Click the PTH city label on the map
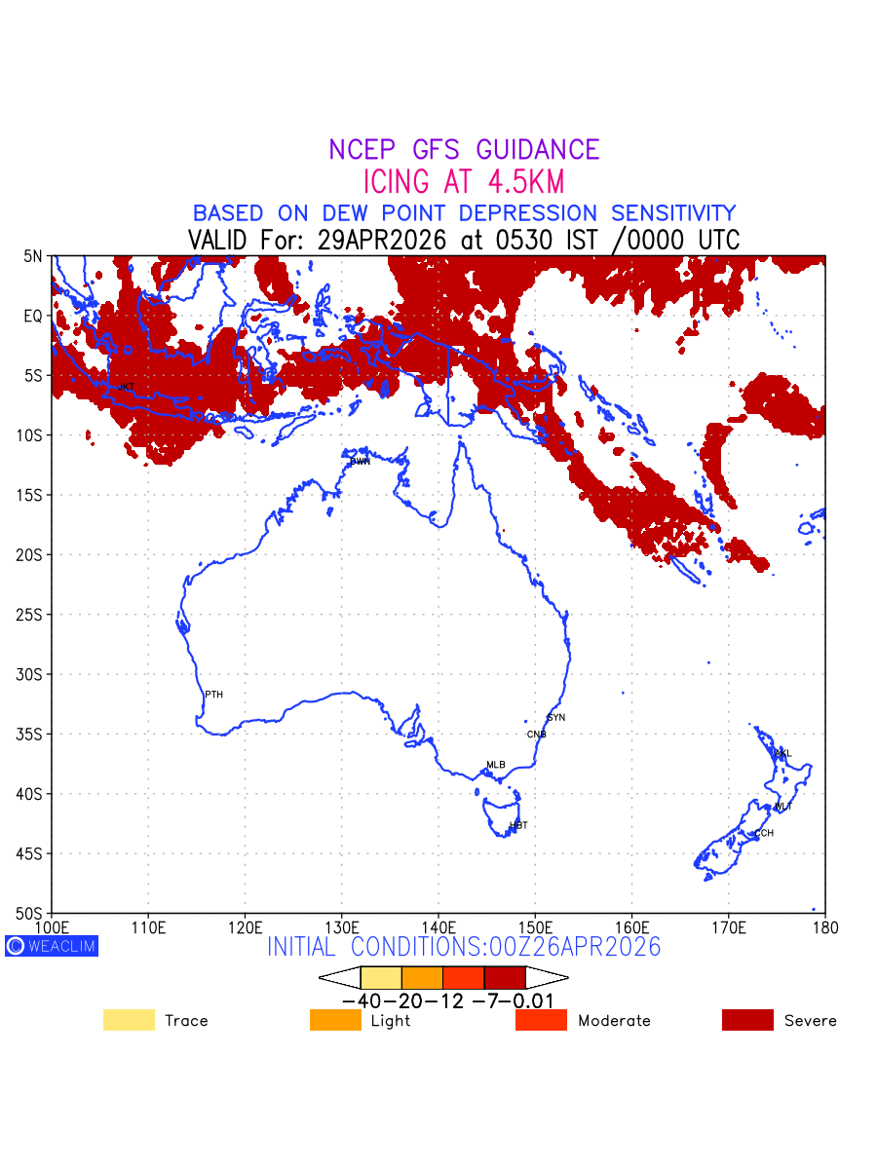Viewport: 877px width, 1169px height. point(213,695)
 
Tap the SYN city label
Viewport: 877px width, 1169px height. point(555,718)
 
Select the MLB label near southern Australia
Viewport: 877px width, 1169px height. point(496,765)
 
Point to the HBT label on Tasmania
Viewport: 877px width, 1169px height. point(518,825)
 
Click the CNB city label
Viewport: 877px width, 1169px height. point(536,735)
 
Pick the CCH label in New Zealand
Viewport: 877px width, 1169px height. point(764,834)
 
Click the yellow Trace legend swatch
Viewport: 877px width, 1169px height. point(129,1020)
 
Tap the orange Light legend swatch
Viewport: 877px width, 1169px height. point(335,1020)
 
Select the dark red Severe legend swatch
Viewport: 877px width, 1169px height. point(747,1020)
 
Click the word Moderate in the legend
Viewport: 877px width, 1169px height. point(614,1021)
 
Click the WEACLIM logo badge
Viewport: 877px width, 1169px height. point(52,946)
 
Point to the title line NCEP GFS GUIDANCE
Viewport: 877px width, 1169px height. point(464,150)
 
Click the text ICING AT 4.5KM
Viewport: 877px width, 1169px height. point(464,181)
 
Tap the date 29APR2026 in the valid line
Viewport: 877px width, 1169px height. point(380,241)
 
